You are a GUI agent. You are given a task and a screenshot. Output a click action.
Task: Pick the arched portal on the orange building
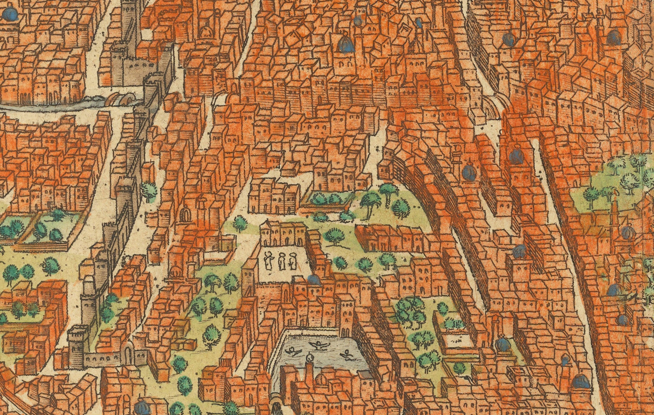pos(186,216)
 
